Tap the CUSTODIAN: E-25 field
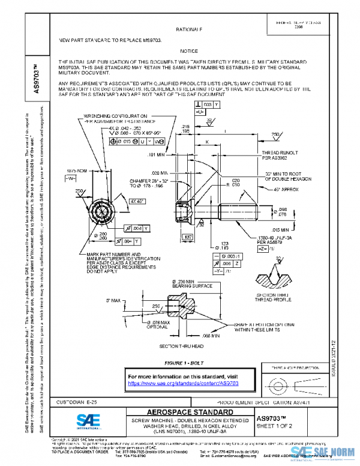coord(62,400)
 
